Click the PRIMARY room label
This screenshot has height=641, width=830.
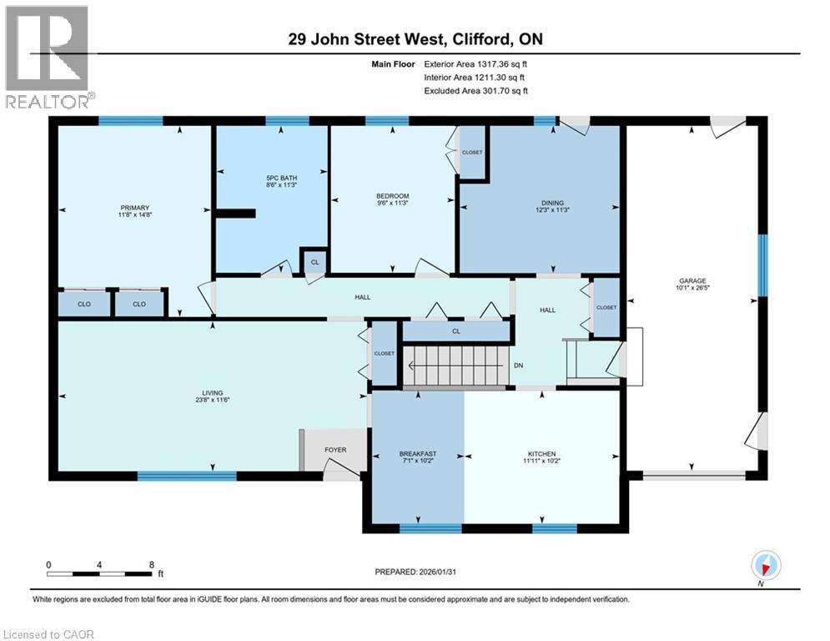coord(135,208)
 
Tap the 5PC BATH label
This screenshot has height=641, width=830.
coord(282,178)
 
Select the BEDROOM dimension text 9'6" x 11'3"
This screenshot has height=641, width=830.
coord(393,203)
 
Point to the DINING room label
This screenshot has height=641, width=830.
coord(552,203)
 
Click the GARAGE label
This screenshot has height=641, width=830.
coord(692,280)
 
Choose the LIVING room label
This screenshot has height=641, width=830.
coord(212,392)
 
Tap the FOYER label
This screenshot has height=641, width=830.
coord(335,450)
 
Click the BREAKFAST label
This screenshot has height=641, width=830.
coord(418,453)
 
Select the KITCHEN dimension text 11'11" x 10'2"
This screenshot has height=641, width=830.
coord(541,461)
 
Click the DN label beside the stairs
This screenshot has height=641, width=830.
coord(519,366)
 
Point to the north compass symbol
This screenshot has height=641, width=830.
coord(766,565)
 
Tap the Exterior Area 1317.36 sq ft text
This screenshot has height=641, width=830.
coord(475,64)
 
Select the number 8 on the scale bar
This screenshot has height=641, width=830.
coord(152,565)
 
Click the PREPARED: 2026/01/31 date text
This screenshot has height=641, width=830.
coord(415,572)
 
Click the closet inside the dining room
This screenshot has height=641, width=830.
coord(472,152)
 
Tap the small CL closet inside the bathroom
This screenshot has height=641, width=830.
coord(315,262)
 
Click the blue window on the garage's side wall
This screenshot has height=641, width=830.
coord(762,265)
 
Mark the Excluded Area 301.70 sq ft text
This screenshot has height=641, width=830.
coord(475,91)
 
